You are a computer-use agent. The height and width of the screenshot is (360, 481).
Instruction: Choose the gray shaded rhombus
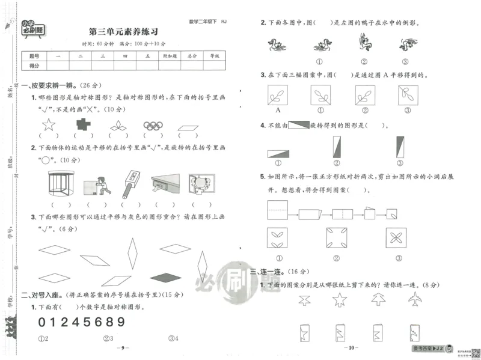165,277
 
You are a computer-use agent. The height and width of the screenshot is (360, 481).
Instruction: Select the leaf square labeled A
278,95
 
